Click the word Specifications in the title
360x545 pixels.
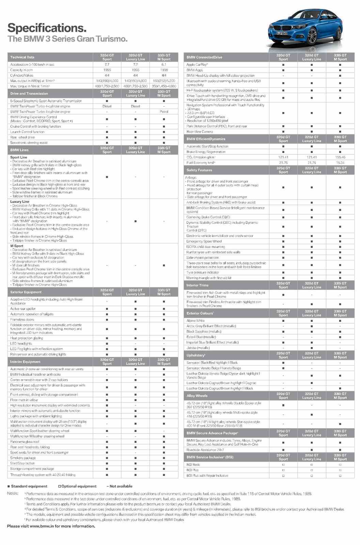(47, 28)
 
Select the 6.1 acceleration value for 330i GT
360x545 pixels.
(164, 64)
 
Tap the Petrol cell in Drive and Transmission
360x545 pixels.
(164, 111)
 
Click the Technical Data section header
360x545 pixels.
(22, 57)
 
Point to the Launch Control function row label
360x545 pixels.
(27, 132)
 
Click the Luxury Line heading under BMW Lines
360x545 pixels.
(20, 202)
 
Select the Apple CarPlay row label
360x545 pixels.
(197, 64)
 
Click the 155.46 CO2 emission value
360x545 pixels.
(340, 157)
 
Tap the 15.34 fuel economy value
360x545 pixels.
(340, 163)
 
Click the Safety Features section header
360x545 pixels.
(199, 170)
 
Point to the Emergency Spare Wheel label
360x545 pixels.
(204, 241)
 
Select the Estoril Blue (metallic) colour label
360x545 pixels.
(201, 337)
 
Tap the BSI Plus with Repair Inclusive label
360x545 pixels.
(207, 476)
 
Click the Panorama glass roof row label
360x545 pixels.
(25, 442)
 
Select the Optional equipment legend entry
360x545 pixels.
(77, 486)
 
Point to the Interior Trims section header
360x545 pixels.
(197, 285)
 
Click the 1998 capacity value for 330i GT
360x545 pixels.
(164, 70)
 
